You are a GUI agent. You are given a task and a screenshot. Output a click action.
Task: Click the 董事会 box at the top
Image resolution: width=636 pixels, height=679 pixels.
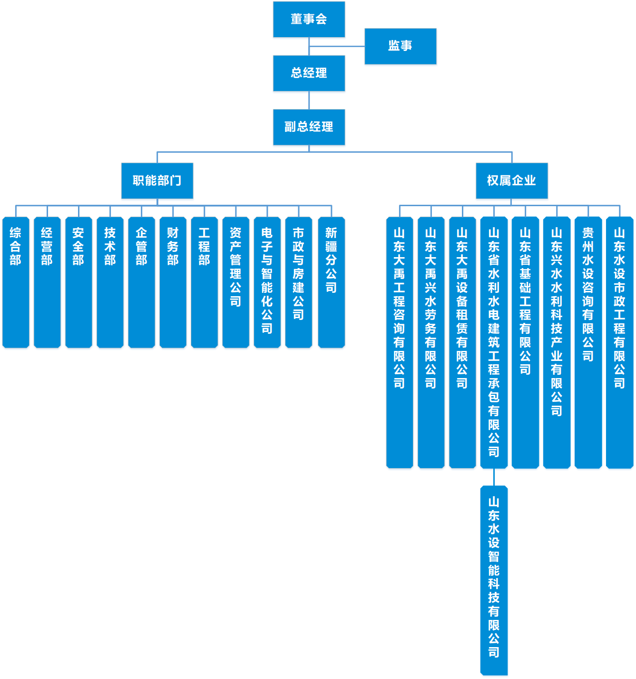click(309, 19)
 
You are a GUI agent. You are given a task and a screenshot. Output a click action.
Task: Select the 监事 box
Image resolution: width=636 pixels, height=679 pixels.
click(400, 46)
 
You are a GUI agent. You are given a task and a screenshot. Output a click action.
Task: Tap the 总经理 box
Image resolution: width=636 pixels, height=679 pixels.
click(309, 73)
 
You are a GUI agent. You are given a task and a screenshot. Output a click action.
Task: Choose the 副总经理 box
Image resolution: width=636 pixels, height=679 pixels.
click(309, 127)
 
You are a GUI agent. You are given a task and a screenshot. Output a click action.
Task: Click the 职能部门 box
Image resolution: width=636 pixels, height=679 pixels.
click(157, 181)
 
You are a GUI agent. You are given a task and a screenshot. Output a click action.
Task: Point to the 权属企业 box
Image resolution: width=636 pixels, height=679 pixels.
click(511, 181)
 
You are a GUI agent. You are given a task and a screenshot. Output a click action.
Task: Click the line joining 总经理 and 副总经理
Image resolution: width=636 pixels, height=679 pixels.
click(309, 100)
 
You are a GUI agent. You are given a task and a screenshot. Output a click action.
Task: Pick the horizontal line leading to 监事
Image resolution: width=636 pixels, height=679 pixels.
click(337, 46)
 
